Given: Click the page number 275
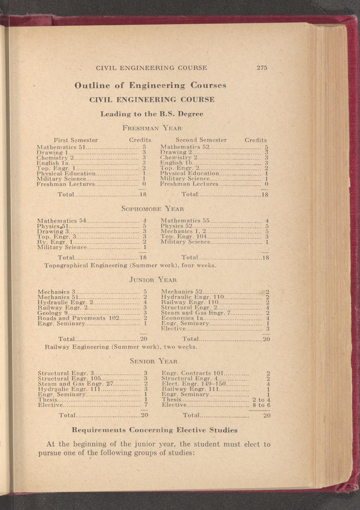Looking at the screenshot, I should [262, 68].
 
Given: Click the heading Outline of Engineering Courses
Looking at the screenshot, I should [150, 85].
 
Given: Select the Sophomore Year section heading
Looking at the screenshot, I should [152, 209].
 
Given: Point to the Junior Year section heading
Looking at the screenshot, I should [153, 280].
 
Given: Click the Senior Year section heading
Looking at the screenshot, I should [154, 361].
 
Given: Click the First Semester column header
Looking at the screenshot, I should [76, 140].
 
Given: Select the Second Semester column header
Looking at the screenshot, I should [201, 140].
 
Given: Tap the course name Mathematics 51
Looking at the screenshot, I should [61, 147].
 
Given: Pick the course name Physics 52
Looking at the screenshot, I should [176, 226].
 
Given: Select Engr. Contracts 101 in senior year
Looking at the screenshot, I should [191, 373].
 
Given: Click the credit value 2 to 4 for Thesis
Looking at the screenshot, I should [261, 400].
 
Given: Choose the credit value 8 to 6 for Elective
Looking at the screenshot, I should [261, 405].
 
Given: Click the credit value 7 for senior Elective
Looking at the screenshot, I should [146, 405].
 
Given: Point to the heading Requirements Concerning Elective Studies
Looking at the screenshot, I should [154, 430].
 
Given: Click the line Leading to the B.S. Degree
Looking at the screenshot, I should [152, 114].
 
